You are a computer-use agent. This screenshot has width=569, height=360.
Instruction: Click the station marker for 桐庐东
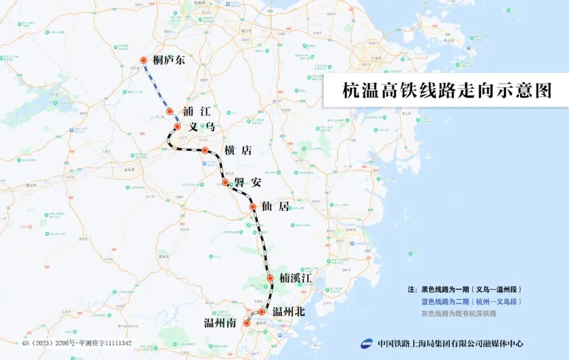click(x=143, y=61)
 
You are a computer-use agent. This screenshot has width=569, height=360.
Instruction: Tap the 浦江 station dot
click(x=170, y=111)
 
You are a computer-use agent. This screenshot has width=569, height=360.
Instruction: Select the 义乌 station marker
click(x=178, y=127)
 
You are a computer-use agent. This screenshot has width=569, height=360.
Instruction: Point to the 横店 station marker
click(x=205, y=150)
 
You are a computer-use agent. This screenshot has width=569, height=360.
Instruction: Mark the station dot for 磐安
click(x=225, y=182)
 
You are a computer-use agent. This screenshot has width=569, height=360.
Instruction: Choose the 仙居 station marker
click(x=252, y=207)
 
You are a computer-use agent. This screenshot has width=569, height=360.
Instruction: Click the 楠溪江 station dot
click(x=270, y=278)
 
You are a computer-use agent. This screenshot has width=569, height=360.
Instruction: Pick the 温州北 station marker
click(x=261, y=312)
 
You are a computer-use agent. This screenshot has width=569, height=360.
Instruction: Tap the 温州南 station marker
click(x=247, y=323)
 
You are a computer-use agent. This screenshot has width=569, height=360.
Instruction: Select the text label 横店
click(x=238, y=150)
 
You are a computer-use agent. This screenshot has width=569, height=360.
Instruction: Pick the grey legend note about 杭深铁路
click(x=458, y=314)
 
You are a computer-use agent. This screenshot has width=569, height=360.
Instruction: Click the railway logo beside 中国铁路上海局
click(x=367, y=344)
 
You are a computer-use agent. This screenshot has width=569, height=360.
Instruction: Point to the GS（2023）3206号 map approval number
click(x=77, y=343)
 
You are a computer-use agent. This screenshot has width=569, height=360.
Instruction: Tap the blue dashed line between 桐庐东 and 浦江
click(x=156, y=86)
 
